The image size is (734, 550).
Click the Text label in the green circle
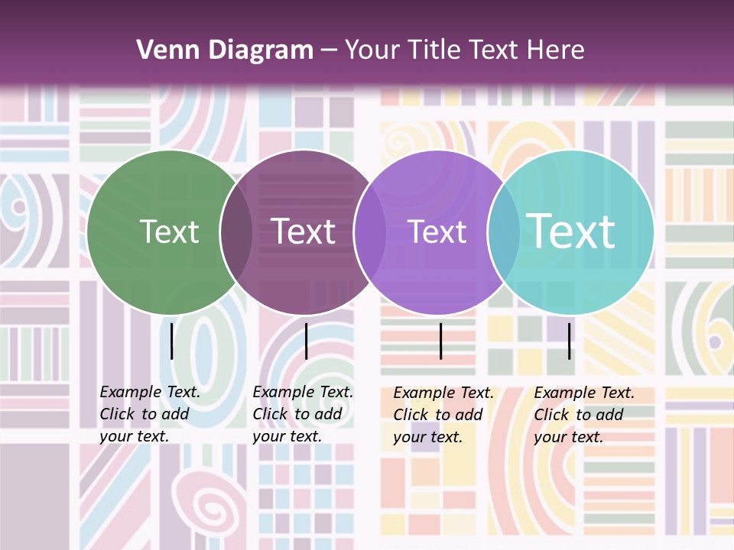169,231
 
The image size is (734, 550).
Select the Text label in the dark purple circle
304,231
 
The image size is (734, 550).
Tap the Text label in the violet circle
437,231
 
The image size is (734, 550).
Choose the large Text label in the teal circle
570,231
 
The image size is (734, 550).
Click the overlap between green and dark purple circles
236,232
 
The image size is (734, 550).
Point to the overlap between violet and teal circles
504,232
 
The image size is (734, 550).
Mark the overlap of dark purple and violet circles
370,232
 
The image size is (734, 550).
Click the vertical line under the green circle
172,341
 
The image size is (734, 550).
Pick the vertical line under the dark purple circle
306,341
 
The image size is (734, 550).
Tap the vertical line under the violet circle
441,341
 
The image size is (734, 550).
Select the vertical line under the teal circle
570,341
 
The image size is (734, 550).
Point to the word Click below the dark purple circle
271,414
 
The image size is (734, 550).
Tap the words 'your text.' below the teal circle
568,437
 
